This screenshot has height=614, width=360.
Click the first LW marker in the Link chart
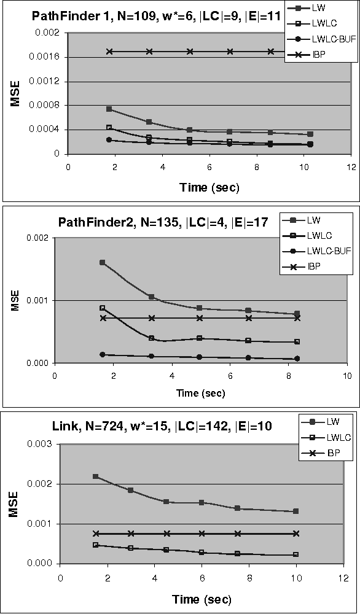pyautogui.click(x=95, y=476)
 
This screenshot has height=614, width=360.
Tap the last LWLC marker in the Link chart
pyautogui.click(x=296, y=554)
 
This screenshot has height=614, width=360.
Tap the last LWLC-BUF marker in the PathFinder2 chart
pyautogui.click(x=297, y=359)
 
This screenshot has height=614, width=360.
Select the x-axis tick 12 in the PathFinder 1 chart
pyautogui.click(x=351, y=167)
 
